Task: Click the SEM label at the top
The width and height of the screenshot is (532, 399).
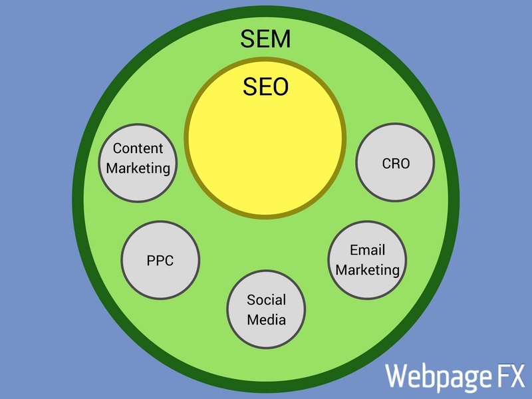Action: pyautogui.click(x=265, y=39)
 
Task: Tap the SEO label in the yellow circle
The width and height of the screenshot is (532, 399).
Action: pyautogui.click(x=265, y=86)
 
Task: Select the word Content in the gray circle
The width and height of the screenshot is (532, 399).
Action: pyautogui.click(x=138, y=148)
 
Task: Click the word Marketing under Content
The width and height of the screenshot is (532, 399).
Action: pyautogui.click(x=138, y=169)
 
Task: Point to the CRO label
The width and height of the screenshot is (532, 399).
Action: pyautogui.click(x=396, y=164)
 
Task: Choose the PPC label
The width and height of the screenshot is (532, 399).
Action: pyautogui.click(x=160, y=261)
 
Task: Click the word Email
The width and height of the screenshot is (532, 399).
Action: pyautogui.click(x=368, y=250)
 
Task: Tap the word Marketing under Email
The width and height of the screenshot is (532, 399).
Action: pyautogui.click(x=368, y=270)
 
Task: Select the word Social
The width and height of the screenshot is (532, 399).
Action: pyautogui.click(x=267, y=300)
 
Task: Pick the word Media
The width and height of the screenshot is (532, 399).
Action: pyautogui.click(x=267, y=320)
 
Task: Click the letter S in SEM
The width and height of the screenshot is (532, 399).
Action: pyautogui.click(x=247, y=39)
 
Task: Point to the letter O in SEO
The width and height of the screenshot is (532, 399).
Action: pyautogui.click(x=280, y=86)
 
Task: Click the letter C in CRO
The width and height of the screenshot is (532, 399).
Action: pyautogui.click(x=387, y=164)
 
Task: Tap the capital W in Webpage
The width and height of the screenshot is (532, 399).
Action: pyautogui.click(x=396, y=375)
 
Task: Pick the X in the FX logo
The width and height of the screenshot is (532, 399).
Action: pyautogui.click(x=518, y=375)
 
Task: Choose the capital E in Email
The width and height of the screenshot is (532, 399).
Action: pyautogui.click(x=354, y=250)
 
